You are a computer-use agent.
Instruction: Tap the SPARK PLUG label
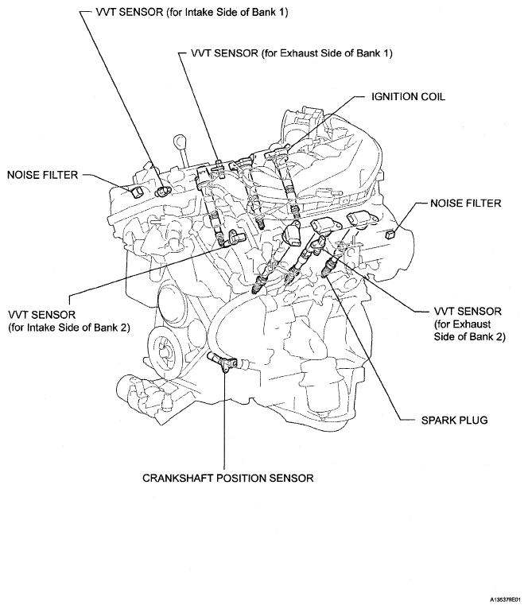coord(453,419)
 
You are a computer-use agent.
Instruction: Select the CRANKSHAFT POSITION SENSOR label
coord(227,479)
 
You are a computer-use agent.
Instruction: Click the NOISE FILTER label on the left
coord(41,174)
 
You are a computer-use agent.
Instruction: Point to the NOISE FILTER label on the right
coord(465,204)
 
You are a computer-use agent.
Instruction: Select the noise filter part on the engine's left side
coord(135,192)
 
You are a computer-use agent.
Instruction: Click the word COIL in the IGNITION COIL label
coord(431,96)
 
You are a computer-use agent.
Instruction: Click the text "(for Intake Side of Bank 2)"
coord(68,327)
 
